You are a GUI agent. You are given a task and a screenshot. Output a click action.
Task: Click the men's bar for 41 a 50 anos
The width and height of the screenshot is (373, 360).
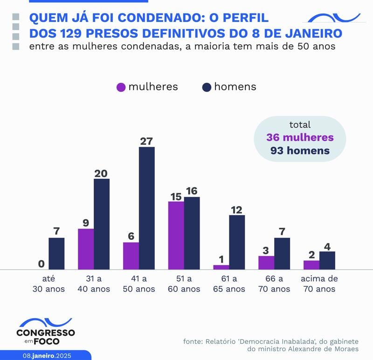[x=146, y=208]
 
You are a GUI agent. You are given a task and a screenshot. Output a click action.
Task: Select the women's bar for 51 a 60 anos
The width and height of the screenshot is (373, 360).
[x=176, y=235]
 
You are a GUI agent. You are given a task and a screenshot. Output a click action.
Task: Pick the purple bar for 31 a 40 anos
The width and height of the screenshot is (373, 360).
[x=86, y=249]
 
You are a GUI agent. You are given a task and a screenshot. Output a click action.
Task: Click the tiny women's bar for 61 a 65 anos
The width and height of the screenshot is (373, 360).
[x=221, y=267]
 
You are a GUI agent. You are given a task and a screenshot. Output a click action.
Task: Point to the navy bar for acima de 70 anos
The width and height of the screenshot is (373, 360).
[x=327, y=260]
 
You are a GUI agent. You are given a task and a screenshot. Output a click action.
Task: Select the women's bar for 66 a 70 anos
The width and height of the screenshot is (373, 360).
[x=266, y=263]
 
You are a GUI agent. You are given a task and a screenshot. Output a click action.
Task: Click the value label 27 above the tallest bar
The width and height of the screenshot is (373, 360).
[x=146, y=141]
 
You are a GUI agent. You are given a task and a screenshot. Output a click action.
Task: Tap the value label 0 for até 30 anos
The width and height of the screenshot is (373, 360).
[x=41, y=264]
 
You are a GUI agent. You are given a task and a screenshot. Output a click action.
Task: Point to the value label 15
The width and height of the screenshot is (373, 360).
[x=176, y=196]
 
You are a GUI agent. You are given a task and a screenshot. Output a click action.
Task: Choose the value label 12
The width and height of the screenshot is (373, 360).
[x=237, y=210]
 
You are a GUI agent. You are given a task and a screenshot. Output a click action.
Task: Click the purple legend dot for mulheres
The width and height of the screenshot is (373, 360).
[x=121, y=87]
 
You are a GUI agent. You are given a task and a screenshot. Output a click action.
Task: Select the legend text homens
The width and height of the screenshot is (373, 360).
[x=235, y=87]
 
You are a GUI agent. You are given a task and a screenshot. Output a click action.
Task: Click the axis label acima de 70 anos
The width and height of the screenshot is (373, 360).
[x=319, y=284]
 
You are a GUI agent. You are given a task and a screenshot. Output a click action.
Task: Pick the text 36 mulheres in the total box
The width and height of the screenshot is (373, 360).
[x=300, y=137]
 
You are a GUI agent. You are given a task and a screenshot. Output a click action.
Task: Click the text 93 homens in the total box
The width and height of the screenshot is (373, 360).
[x=300, y=150]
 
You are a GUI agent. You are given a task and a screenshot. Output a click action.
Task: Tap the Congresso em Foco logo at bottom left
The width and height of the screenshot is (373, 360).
[x=45, y=331]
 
